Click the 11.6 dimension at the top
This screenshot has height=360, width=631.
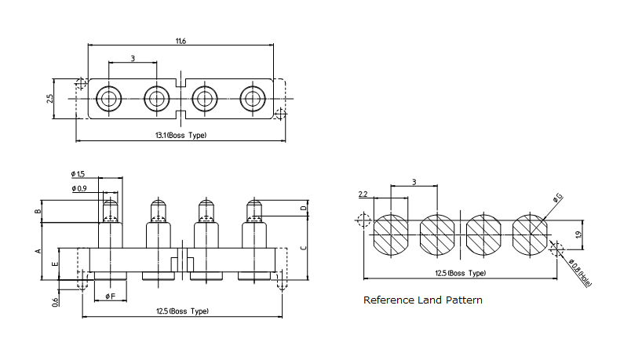point(181,41)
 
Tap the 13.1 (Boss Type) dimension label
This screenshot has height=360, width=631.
point(181,136)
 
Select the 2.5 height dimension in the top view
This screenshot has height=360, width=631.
point(49,99)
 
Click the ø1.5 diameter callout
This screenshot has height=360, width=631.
point(78,173)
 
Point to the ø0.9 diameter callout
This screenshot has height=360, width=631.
point(78,188)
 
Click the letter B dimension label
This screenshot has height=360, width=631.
point(37,212)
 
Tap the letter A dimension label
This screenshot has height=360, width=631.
point(37,251)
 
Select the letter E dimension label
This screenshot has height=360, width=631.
point(53,264)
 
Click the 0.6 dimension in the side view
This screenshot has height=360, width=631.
point(57,300)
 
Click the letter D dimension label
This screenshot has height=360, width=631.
point(302,208)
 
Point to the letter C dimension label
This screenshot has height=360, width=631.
point(302,248)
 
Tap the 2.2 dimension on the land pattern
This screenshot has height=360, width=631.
point(363,194)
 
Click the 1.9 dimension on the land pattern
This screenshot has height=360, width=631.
point(578,234)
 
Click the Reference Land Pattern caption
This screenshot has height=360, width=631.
point(422,300)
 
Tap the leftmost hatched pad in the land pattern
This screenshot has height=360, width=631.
point(390,235)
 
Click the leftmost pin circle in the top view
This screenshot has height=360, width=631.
point(108,99)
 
